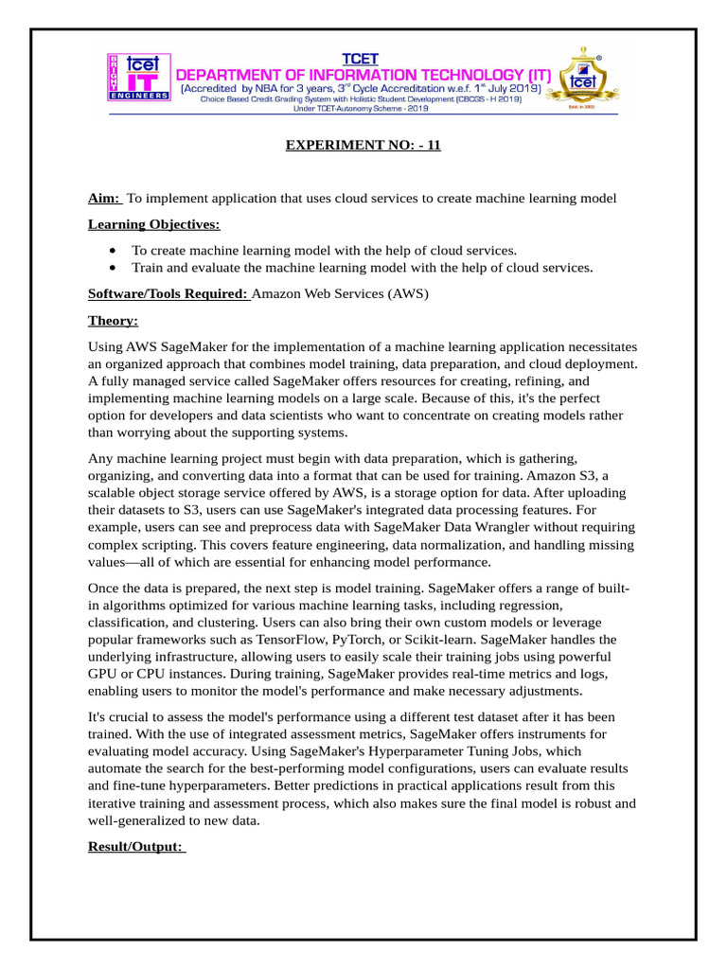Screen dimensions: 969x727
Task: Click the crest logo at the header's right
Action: point(588,80)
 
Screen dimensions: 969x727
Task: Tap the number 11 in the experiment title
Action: point(433,145)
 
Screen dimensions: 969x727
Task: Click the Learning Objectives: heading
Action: point(153,224)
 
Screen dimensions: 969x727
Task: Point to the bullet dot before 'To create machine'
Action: point(113,251)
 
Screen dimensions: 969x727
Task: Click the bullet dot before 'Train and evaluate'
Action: point(113,268)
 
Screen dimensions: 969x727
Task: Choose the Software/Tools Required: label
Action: point(168,294)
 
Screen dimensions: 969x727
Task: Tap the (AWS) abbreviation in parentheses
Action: point(408,294)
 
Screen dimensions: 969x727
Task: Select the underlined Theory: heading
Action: point(113,321)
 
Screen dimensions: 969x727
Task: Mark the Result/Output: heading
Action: point(136,847)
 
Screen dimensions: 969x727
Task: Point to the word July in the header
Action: point(478,89)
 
